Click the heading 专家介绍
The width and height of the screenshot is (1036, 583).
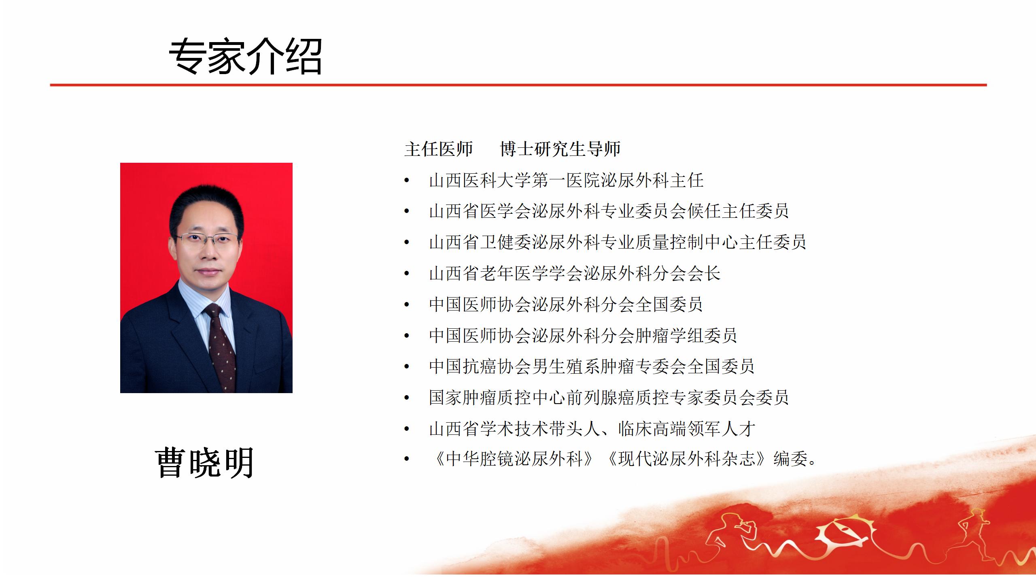tap(245, 56)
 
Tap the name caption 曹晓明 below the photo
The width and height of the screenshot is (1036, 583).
tap(204, 462)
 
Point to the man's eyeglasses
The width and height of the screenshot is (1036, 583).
tap(207, 240)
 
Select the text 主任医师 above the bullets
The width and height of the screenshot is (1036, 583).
tap(439, 149)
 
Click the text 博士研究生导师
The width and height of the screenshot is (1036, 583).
tap(560, 149)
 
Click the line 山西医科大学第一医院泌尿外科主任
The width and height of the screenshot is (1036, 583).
tap(566, 180)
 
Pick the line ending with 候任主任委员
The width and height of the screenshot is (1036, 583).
tap(609, 211)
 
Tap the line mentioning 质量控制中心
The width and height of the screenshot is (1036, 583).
tap(618, 242)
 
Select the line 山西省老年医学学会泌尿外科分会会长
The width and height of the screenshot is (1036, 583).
tap(575, 273)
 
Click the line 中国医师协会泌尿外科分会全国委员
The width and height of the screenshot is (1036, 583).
tap(566, 304)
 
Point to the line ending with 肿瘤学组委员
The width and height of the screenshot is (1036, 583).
tap(583, 335)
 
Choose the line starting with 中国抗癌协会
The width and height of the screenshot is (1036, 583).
tap(592, 366)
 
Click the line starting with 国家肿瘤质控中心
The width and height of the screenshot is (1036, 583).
tap(609, 397)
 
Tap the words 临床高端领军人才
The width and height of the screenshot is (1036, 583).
tap(686, 428)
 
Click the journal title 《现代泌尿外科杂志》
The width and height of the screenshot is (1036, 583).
tap(687, 459)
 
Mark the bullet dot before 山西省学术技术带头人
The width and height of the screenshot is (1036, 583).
tap(407, 429)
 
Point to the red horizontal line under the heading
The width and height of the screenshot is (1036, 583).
tap(518, 85)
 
